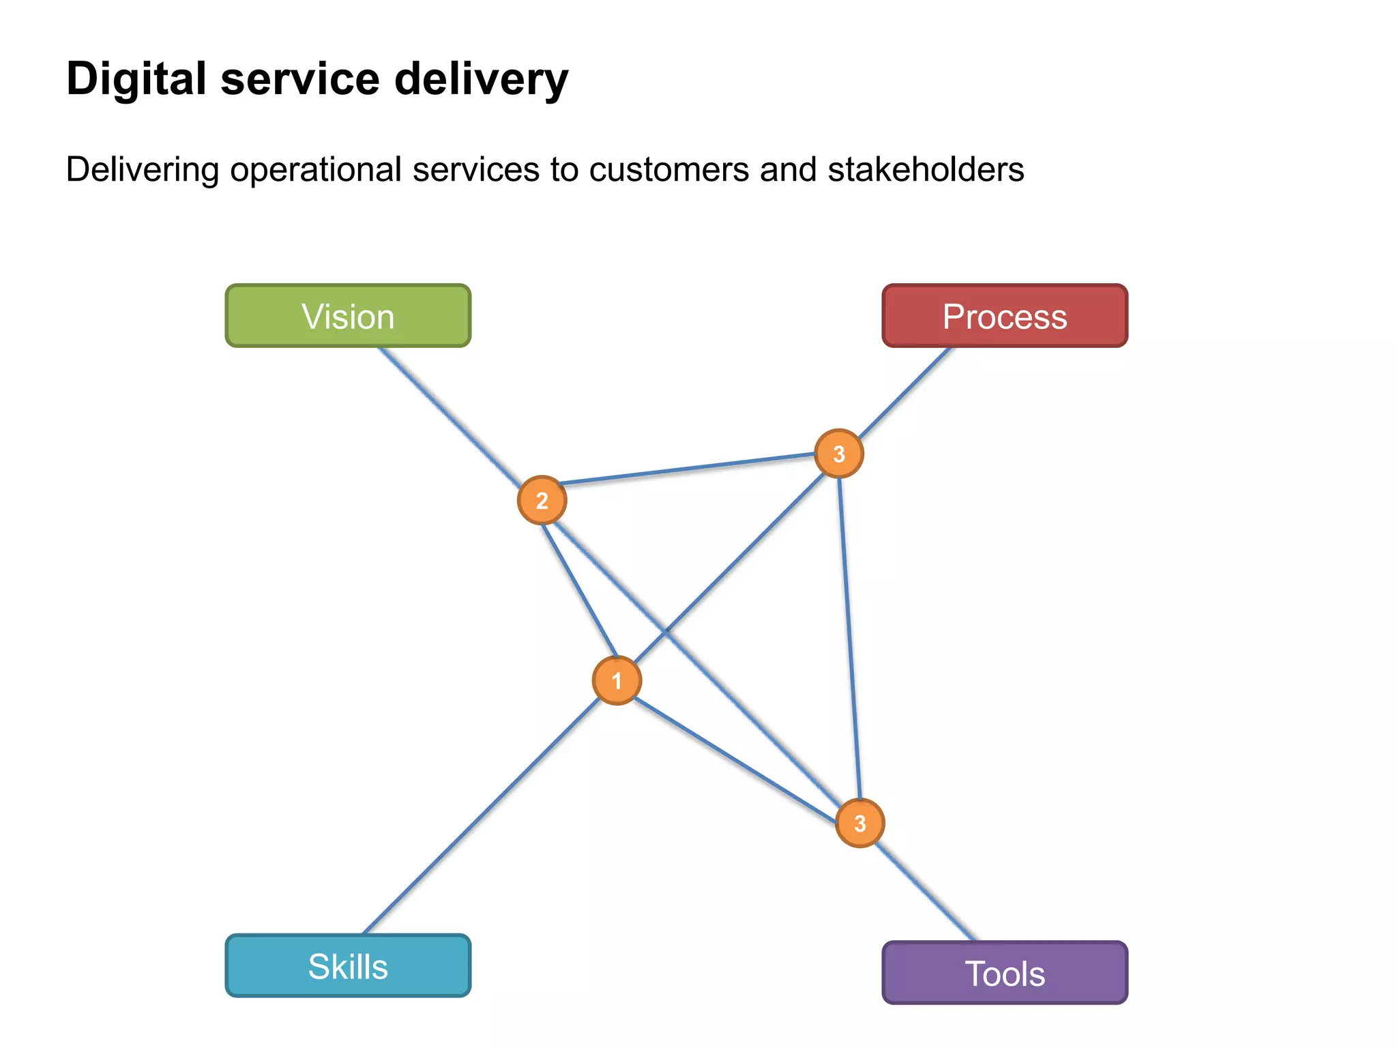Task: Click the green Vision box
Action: [348, 316]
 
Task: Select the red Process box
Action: [1004, 316]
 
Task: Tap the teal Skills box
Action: [348, 966]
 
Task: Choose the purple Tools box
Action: [1004, 973]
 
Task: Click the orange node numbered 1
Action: [617, 680]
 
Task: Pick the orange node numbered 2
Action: [542, 500]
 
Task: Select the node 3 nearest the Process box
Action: [838, 453]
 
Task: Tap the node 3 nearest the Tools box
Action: [859, 823]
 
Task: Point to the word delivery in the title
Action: [481, 78]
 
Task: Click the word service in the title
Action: [300, 78]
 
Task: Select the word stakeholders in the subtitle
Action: [926, 169]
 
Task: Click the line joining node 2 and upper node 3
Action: [689, 469]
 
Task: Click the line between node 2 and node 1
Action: [580, 591]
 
